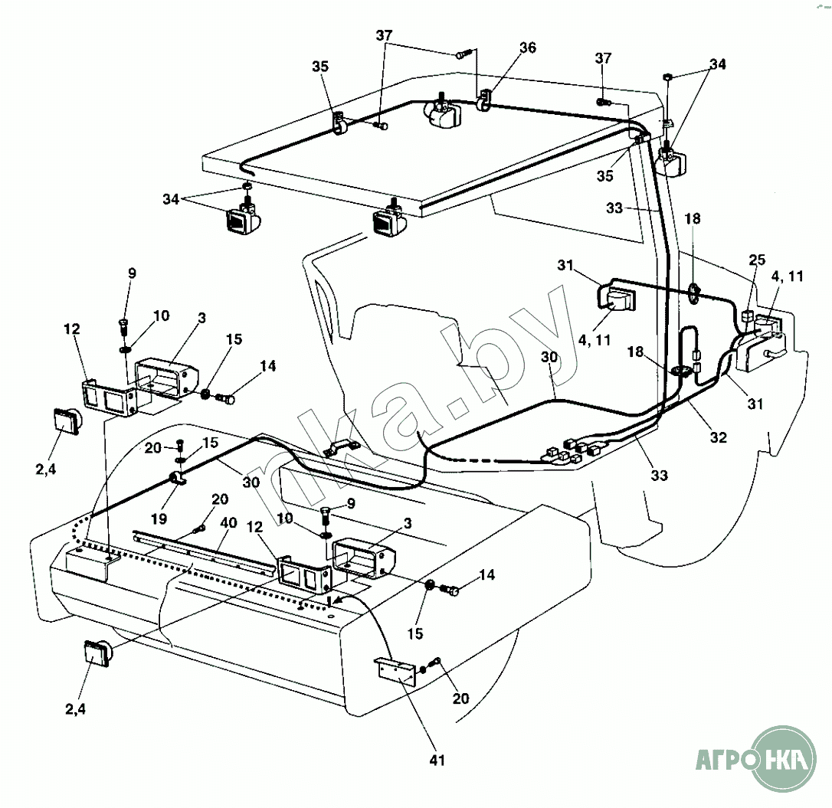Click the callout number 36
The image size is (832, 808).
[x=527, y=47]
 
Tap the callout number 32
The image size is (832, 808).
[x=718, y=437]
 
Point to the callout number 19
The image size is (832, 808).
[x=159, y=518]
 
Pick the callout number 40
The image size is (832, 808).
[x=228, y=524]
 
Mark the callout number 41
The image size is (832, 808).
[x=437, y=760]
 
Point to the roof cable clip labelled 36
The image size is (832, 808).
[x=485, y=102]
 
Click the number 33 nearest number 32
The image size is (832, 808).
[x=658, y=475]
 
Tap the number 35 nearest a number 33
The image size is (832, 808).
[x=605, y=176]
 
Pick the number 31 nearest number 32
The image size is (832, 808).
[x=755, y=404]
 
